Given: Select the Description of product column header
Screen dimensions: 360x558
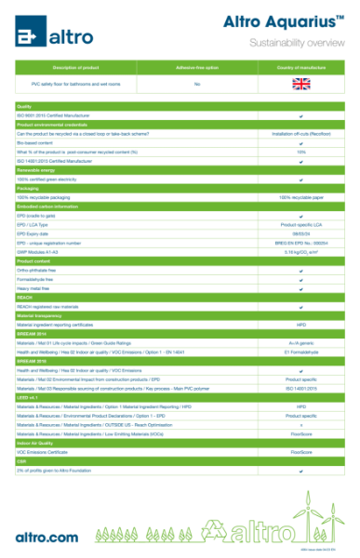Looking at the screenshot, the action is pos(77,68).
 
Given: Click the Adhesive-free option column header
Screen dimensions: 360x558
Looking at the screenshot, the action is pos(197,68).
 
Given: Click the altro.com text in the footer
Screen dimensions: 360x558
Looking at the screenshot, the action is pos(47,537).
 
